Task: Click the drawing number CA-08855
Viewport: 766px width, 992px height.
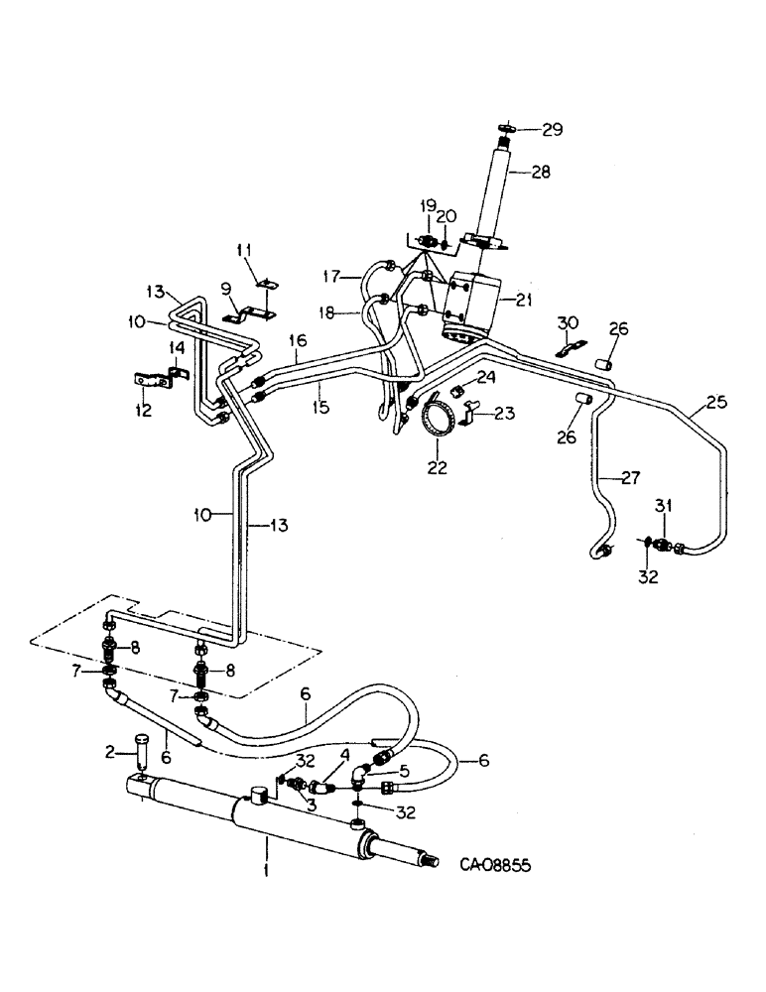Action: click(x=494, y=865)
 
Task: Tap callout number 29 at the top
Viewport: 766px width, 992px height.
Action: click(x=553, y=129)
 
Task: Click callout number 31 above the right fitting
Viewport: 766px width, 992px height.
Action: click(x=663, y=507)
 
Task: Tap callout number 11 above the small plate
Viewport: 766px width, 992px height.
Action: click(x=247, y=248)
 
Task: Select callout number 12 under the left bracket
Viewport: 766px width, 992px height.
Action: click(x=144, y=411)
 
